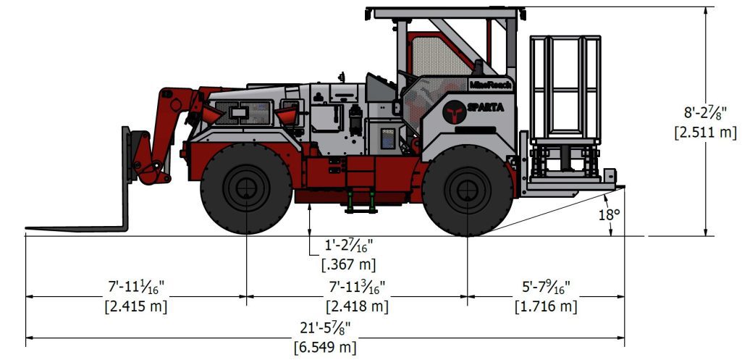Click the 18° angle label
tap(610, 214)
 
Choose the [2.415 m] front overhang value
tap(136, 306)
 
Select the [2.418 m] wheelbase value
tap(357, 306)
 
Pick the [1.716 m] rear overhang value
tap(546, 306)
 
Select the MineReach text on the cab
tap(490, 85)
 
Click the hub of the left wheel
tap(247, 189)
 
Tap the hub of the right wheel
tap(466, 190)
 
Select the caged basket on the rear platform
tap(565, 86)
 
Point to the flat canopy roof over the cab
tap(442, 12)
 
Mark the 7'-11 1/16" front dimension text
tap(136, 288)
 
